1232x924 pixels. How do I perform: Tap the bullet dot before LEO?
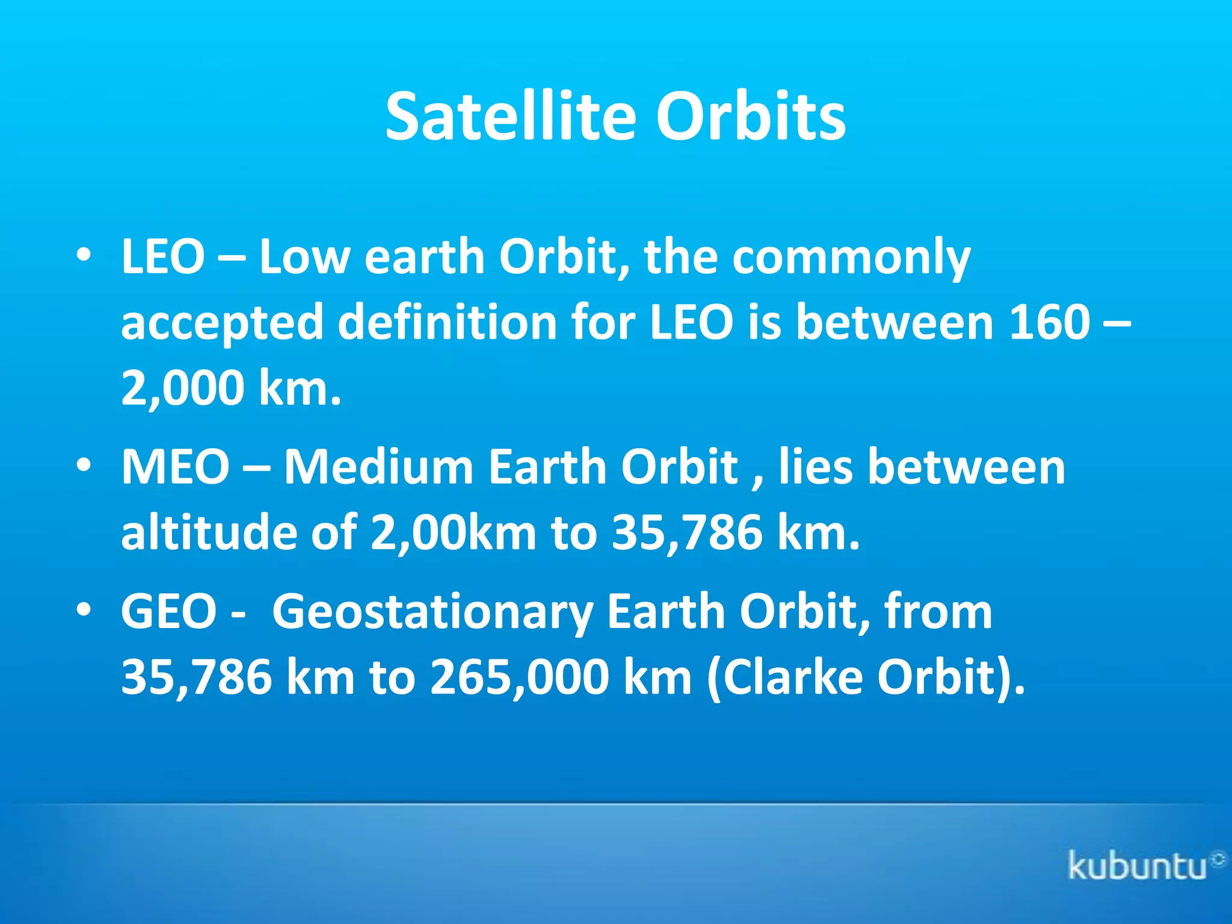pyautogui.click(x=84, y=256)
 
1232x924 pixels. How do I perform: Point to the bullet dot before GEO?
pyautogui.click(x=84, y=610)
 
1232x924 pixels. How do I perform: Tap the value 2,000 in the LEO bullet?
pyautogui.click(x=182, y=388)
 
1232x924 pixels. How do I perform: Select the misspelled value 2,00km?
pyautogui.click(x=452, y=532)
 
